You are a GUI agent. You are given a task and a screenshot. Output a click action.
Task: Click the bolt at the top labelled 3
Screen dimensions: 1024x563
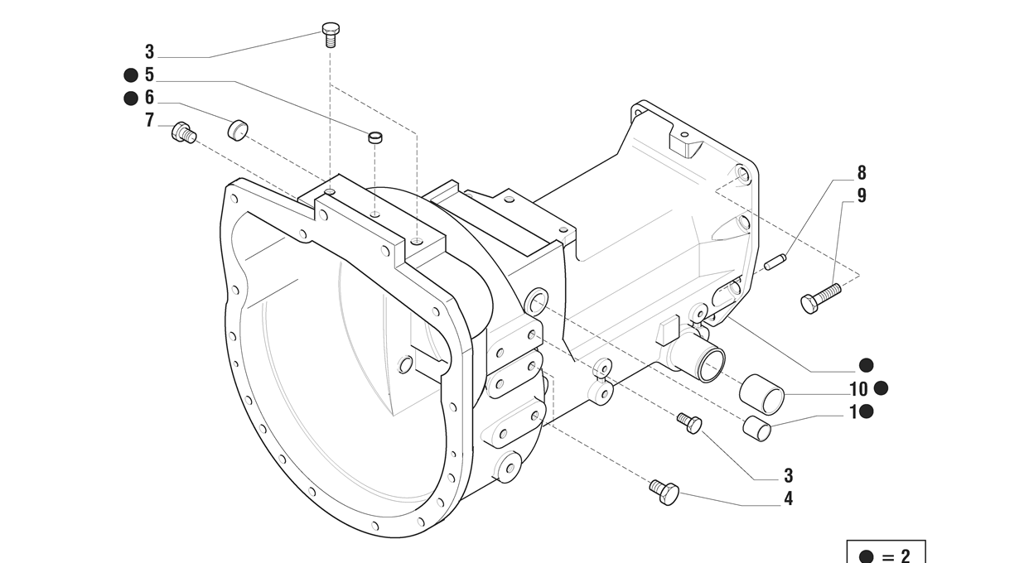(331, 35)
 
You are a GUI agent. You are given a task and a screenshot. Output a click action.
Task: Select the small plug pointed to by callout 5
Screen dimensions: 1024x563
(375, 137)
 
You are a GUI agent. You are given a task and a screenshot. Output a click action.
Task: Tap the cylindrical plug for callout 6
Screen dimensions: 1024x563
(237, 130)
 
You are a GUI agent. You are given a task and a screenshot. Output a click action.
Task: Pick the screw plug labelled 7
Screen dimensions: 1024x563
(184, 132)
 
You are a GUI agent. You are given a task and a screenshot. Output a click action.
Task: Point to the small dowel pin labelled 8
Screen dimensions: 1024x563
(775, 262)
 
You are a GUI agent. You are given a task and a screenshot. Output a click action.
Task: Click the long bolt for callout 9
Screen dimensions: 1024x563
(820, 298)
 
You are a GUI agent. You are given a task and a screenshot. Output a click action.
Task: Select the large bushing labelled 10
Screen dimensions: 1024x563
(761, 394)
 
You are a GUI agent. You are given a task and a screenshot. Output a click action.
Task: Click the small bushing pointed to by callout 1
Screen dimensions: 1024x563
(756, 428)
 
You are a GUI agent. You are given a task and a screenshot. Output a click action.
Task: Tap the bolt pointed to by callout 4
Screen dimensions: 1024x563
(664, 492)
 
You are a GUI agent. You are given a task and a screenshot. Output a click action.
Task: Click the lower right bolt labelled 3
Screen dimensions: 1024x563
(690, 423)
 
